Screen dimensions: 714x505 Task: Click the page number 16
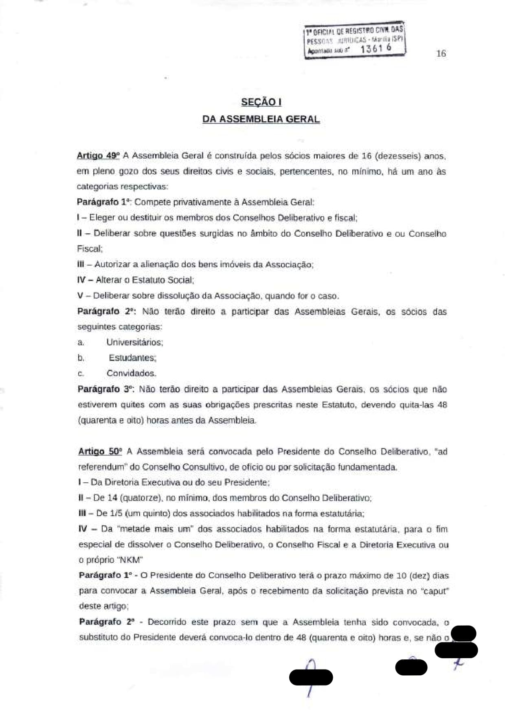pos(441,53)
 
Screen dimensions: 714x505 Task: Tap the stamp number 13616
pos(376,48)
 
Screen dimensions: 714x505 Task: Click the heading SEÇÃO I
pos(261,102)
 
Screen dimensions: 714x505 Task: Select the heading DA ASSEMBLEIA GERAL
pos(261,119)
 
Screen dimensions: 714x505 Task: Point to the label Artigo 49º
pos(98,156)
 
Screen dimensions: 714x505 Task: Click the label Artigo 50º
pos(100,451)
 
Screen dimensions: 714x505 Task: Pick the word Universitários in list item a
pos(135,342)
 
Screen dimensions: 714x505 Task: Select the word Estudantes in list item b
pos(132,358)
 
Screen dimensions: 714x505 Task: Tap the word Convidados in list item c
pos(131,373)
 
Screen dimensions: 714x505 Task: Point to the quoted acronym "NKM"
pos(130,560)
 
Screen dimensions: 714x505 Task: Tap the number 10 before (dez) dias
pos(401,576)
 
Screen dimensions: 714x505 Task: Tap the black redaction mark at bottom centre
pos(311,677)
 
